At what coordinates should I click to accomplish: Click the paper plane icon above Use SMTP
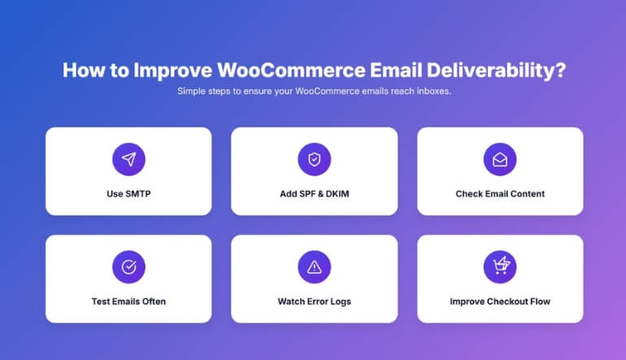[x=128, y=159]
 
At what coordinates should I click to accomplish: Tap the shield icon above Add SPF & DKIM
[x=314, y=159]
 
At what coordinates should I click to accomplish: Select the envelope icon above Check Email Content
[x=500, y=159]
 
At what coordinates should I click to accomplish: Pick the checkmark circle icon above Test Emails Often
[x=128, y=267]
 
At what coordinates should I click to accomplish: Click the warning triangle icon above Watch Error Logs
[x=314, y=267]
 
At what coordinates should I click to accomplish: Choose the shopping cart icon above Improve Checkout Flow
[x=500, y=267]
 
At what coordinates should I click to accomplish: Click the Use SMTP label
[x=128, y=194]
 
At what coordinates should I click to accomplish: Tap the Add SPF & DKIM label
[x=314, y=194]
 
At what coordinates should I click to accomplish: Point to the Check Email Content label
[x=500, y=194]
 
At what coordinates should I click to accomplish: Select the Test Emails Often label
[x=128, y=301]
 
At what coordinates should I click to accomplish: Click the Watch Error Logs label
[x=314, y=301]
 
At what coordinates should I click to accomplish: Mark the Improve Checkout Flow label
[x=500, y=301]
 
